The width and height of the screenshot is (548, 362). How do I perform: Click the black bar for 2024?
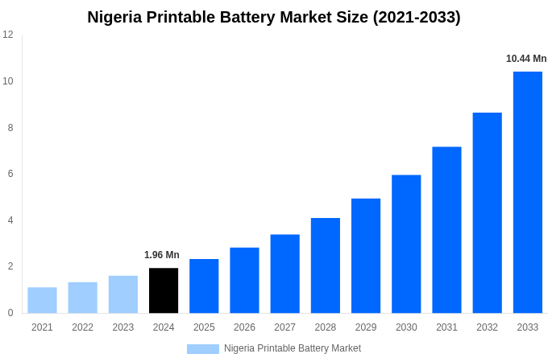click(164, 290)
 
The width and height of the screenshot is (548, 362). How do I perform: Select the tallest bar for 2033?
click(527, 192)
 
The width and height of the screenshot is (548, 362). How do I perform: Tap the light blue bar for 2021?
click(42, 300)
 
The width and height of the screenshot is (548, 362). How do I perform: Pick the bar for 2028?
click(325, 265)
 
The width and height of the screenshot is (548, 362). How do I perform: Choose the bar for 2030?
click(406, 244)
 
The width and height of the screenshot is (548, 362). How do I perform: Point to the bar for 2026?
click(244, 280)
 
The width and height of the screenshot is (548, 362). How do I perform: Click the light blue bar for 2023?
click(123, 294)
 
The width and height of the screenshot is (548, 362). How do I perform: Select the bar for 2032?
click(487, 212)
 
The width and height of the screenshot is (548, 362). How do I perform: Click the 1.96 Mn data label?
click(162, 255)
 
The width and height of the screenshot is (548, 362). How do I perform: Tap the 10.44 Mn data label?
click(526, 59)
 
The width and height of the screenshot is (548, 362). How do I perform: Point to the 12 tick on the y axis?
click(8, 35)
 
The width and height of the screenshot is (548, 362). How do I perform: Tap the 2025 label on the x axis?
click(204, 327)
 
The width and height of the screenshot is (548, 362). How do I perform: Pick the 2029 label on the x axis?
click(366, 327)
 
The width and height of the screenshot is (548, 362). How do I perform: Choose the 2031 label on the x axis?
click(446, 327)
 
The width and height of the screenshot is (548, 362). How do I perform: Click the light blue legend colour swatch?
click(202, 349)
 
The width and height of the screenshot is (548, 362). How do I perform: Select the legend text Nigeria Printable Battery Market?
click(293, 348)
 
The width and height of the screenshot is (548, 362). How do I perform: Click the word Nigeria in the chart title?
click(114, 17)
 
